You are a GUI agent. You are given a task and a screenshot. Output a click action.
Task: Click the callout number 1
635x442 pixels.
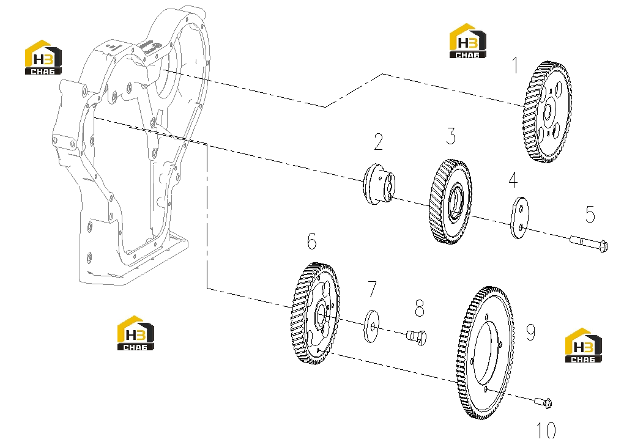click(515, 65)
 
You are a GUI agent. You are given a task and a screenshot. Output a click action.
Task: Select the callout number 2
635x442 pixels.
click(378, 142)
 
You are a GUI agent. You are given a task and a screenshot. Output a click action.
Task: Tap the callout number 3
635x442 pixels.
click(451, 136)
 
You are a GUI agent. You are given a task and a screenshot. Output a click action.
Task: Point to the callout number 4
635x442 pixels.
click(513, 180)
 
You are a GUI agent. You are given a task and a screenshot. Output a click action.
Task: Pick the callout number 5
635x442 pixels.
click(590, 214)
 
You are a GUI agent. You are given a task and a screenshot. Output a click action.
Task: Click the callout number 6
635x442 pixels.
click(311, 241)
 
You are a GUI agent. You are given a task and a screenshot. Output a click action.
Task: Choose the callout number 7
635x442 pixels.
click(372, 289)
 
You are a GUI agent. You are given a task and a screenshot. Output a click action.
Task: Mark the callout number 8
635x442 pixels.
click(420, 308)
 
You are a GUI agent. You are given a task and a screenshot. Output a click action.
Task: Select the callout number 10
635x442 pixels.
click(546, 430)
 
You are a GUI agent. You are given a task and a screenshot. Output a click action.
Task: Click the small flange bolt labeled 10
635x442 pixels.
click(543, 402)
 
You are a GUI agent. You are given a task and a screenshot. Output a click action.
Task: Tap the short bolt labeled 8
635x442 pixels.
click(417, 337)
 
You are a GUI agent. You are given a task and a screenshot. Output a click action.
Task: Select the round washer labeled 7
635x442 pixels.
click(372, 326)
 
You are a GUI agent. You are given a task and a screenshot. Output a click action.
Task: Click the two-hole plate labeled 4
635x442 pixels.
click(519, 218)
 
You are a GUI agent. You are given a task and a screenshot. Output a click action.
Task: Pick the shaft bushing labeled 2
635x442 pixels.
click(378, 184)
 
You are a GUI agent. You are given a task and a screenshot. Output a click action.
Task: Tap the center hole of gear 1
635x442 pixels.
click(548, 110)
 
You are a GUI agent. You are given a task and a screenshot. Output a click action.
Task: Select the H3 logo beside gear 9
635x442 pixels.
click(583, 345)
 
